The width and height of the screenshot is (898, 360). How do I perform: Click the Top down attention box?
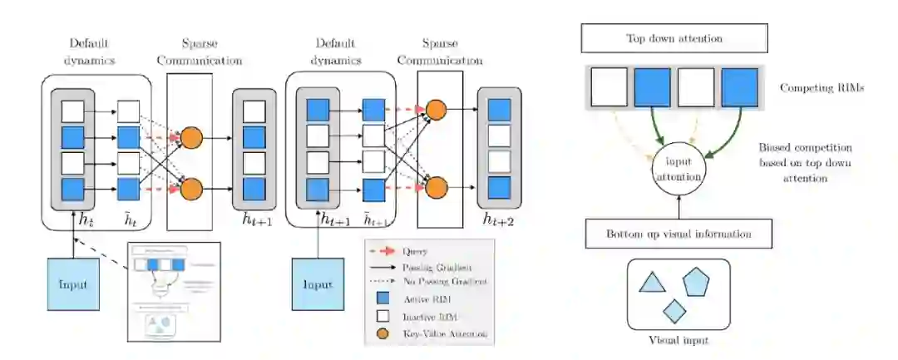673,38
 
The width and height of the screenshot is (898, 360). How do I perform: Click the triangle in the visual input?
652,284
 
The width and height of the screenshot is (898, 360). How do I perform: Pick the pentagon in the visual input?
698,284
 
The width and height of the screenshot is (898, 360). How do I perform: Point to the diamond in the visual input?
674,309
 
